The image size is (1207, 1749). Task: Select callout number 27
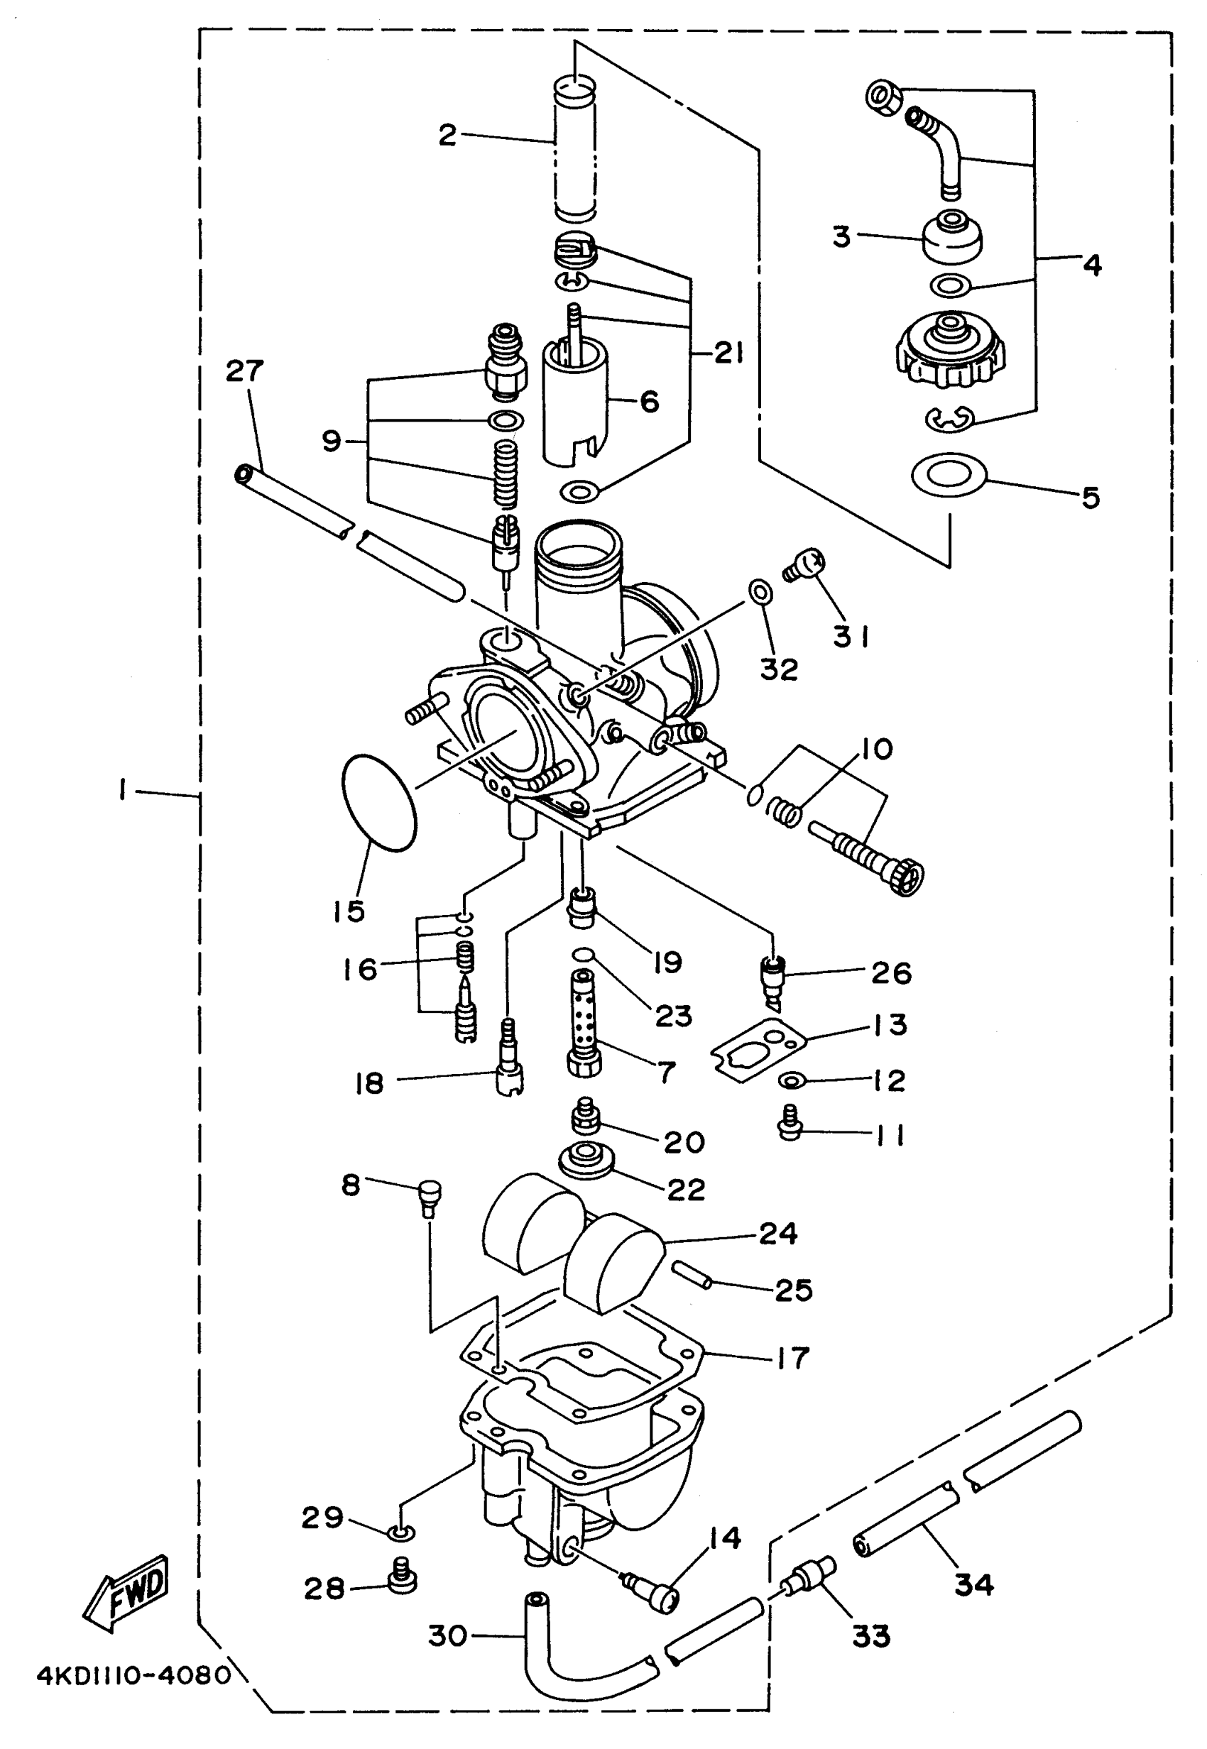coord(244,371)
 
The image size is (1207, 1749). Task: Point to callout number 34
coord(974,1583)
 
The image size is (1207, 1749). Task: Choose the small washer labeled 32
coord(761,592)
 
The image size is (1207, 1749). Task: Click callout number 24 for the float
coord(777,1233)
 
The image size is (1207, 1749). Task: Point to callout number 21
coord(728,353)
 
